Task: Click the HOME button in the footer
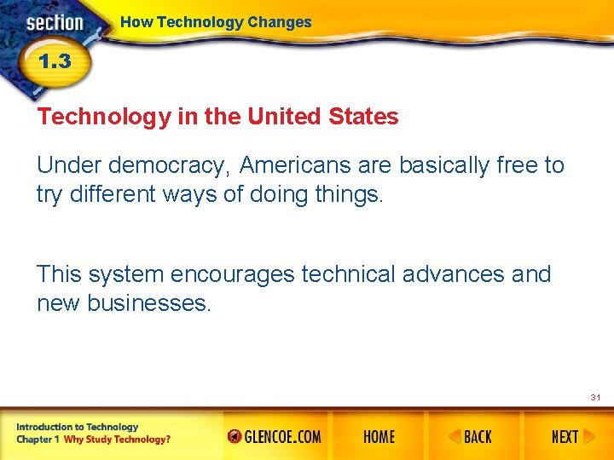(x=379, y=437)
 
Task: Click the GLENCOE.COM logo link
(x=275, y=437)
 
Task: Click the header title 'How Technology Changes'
(x=216, y=22)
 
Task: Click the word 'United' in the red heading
(x=284, y=117)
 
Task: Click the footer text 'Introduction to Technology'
(x=76, y=427)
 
